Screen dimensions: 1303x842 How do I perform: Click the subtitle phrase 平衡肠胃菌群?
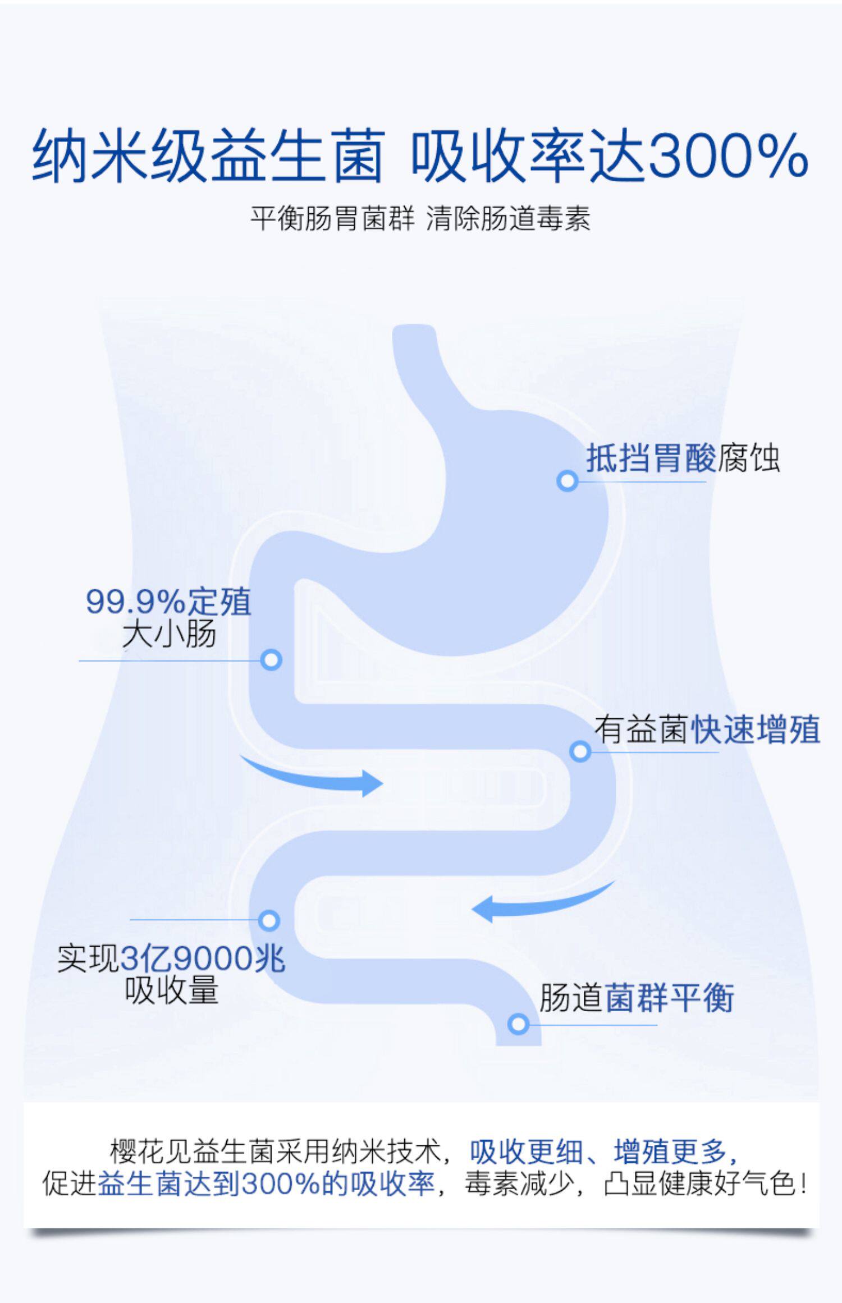coord(332,218)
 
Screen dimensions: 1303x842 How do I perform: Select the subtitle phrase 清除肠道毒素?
coord(508,218)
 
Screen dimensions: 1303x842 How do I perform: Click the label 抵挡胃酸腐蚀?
coord(683,458)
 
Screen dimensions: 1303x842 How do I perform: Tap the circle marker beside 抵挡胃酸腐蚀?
coord(568,481)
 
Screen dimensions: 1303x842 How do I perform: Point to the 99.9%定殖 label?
coord(168,602)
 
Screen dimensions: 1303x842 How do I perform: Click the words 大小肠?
coord(169,634)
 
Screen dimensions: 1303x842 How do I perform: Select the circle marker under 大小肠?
coord(271,660)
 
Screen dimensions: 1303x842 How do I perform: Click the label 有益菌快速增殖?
coord(707,730)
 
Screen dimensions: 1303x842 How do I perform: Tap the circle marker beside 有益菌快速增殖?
coord(580,751)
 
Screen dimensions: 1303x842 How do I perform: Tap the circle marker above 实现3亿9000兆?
coord(269,920)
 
